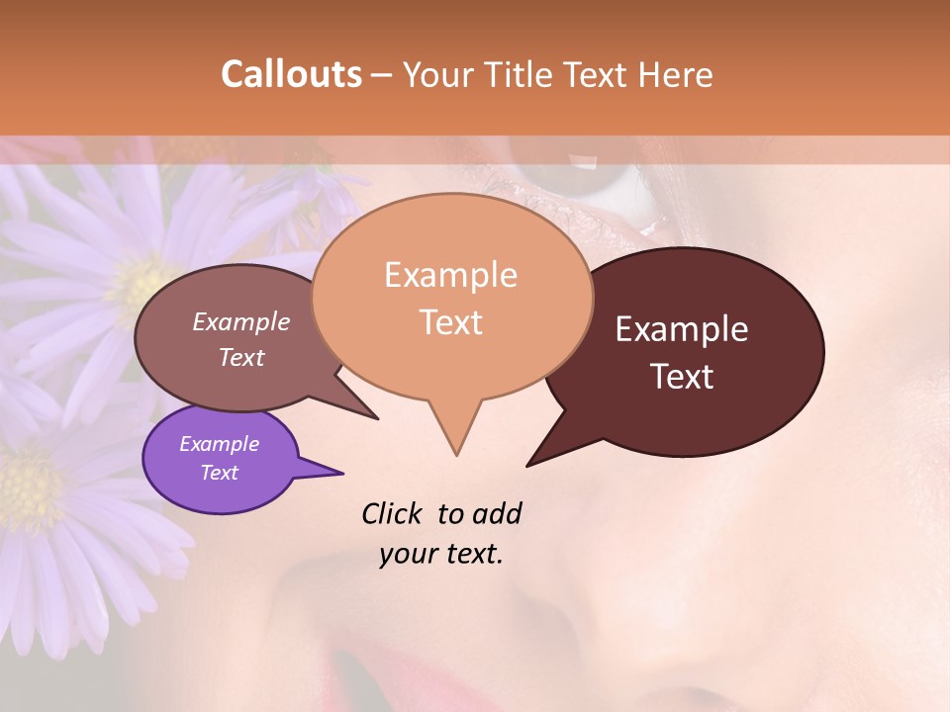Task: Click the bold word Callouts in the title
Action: point(291,74)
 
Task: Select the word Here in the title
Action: point(676,74)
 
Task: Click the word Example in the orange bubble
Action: point(450,275)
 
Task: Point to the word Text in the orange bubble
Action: point(450,322)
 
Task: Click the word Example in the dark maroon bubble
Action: point(682,329)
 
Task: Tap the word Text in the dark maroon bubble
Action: point(682,377)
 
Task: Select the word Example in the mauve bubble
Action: point(241,322)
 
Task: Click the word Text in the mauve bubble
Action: point(241,357)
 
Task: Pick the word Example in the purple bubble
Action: point(219,444)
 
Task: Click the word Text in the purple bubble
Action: point(219,473)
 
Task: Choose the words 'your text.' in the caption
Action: point(441,554)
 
